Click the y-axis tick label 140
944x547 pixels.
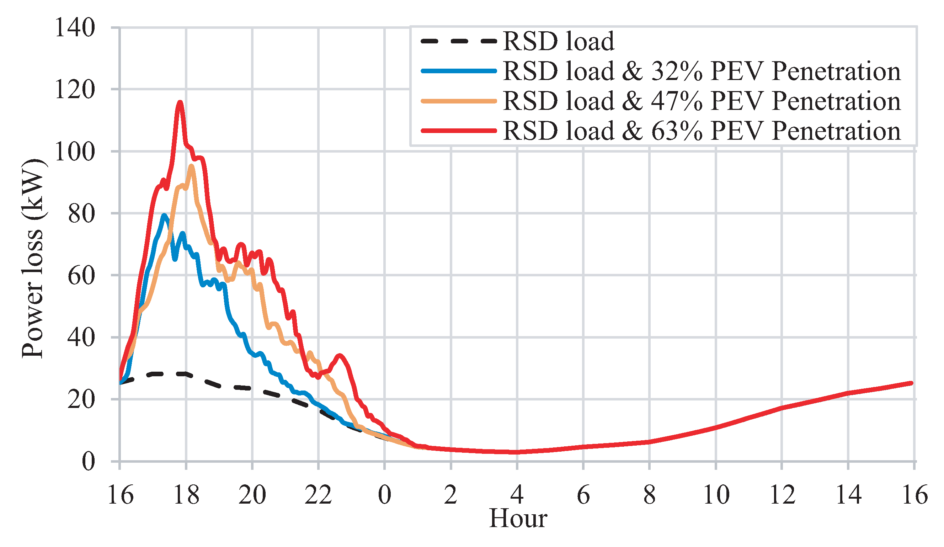tap(75, 28)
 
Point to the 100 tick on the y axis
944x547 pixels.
tap(75, 152)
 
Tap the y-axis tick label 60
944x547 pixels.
tap(81, 276)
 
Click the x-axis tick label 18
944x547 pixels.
tap(186, 495)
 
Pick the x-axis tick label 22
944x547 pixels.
tap(319, 495)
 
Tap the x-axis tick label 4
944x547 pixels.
tap(517, 495)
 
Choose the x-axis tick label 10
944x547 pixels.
tap(716, 495)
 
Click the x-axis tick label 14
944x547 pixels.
tap(848, 495)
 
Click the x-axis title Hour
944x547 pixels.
tap(518, 519)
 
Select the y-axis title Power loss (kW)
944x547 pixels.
tap(33, 259)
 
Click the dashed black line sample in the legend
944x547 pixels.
tap(459, 41)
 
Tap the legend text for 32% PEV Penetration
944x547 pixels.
tap(701, 71)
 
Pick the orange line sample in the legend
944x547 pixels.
tap(459, 101)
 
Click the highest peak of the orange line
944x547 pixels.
tap(191, 166)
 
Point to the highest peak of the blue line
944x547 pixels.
tap(164, 216)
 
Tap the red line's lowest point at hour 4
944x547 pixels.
tap(517, 452)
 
